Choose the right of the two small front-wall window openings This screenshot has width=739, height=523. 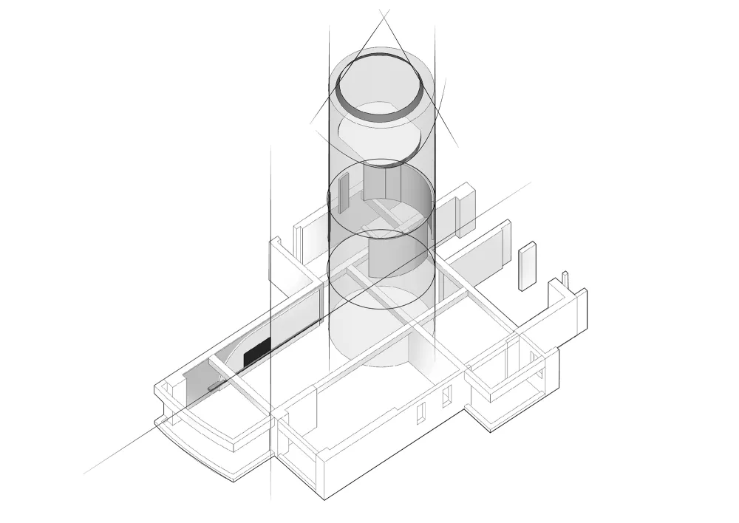click(x=446, y=398)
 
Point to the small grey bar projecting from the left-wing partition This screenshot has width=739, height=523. click(x=215, y=386)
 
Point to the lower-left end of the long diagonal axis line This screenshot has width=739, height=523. click(x=85, y=473)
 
